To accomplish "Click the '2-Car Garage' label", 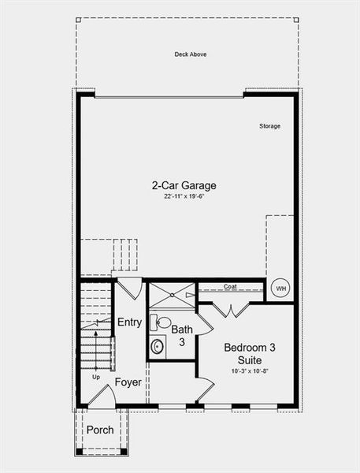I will (x=184, y=186).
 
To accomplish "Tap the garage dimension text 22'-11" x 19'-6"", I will (x=184, y=197).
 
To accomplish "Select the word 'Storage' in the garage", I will (x=270, y=126).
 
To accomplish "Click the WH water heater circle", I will (x=280, y=289).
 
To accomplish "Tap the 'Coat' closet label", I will (x=230, y=287).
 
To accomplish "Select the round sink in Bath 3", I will (x=158, y=345).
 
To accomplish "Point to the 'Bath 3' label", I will (x=182, y=335).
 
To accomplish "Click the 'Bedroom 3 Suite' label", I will (x=250, y=353).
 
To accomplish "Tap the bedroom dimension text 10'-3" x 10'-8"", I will (x=250, y=371).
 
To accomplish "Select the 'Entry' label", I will (x=129, y=322).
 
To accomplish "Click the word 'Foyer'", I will (x=128, y=382).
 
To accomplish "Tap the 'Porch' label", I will (x=99, y=430).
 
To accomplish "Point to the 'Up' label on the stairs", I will (x=96, y=377).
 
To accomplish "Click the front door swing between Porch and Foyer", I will (x=99, y=397).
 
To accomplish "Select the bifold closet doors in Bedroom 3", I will (x=231, y=308).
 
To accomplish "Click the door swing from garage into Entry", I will (x=131, y=286).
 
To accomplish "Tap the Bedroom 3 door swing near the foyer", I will (x=204, y=389).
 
